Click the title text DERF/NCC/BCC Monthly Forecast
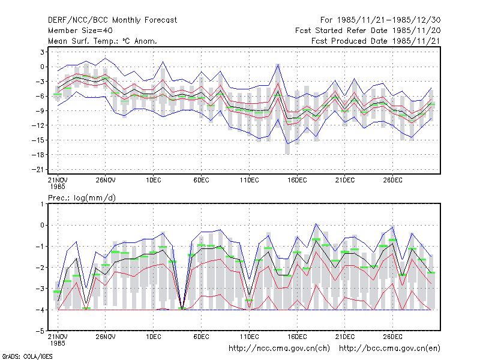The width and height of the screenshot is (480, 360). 112,20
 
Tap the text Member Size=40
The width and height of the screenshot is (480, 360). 80,31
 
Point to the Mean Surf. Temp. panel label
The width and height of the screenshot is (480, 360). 103,41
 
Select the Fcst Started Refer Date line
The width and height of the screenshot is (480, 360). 368,31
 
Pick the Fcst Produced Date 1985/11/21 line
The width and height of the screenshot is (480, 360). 376,41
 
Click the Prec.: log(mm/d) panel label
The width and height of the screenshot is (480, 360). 82,198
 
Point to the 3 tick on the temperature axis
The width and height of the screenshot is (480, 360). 42,52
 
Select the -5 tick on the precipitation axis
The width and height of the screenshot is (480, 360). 40,331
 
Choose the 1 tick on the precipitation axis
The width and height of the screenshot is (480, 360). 42,204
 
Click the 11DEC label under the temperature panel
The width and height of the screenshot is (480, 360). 249,180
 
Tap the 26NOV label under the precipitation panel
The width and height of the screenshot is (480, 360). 106,337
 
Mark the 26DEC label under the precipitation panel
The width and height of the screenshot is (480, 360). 392,337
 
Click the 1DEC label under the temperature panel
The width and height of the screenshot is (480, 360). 154,180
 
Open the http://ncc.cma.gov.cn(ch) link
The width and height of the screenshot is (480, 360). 279,349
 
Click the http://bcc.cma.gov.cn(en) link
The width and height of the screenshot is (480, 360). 389,349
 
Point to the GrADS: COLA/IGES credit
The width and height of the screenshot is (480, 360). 27,356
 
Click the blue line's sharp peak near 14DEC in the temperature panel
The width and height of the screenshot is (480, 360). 278,65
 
